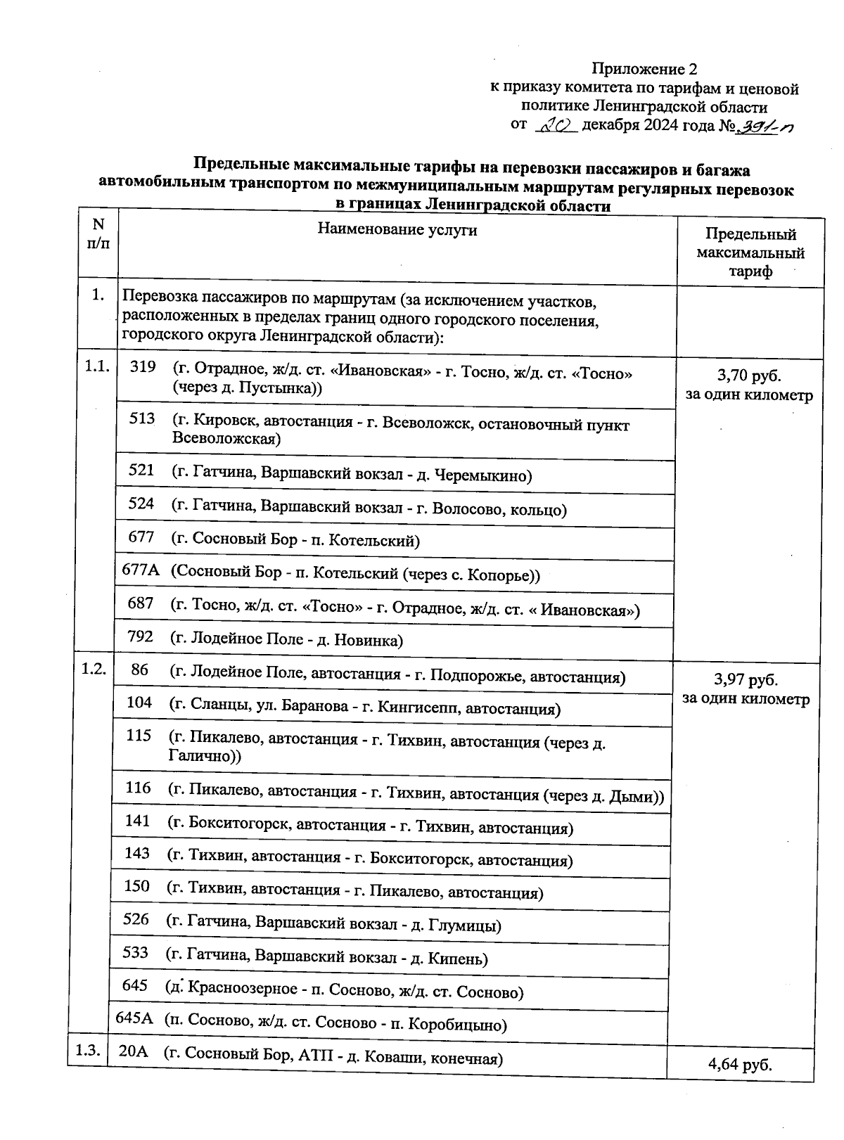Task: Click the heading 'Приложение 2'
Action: (x=644, y=69)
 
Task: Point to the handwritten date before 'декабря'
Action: (x=556, y=127)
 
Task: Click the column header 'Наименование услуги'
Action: (x=397, y=230)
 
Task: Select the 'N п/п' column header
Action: (x=98, y=233)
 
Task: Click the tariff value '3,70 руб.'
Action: (x=749, y=375)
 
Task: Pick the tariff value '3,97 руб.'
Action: (x=746, y=680)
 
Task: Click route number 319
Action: (x=143, y=367)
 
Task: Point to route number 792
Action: (x=141, y=636)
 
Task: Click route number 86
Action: (x=139, y=670)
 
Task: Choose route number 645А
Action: (x=134, y=1018)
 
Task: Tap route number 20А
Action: (x=132, y=1052)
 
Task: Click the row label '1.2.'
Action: (x=94, y=669)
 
